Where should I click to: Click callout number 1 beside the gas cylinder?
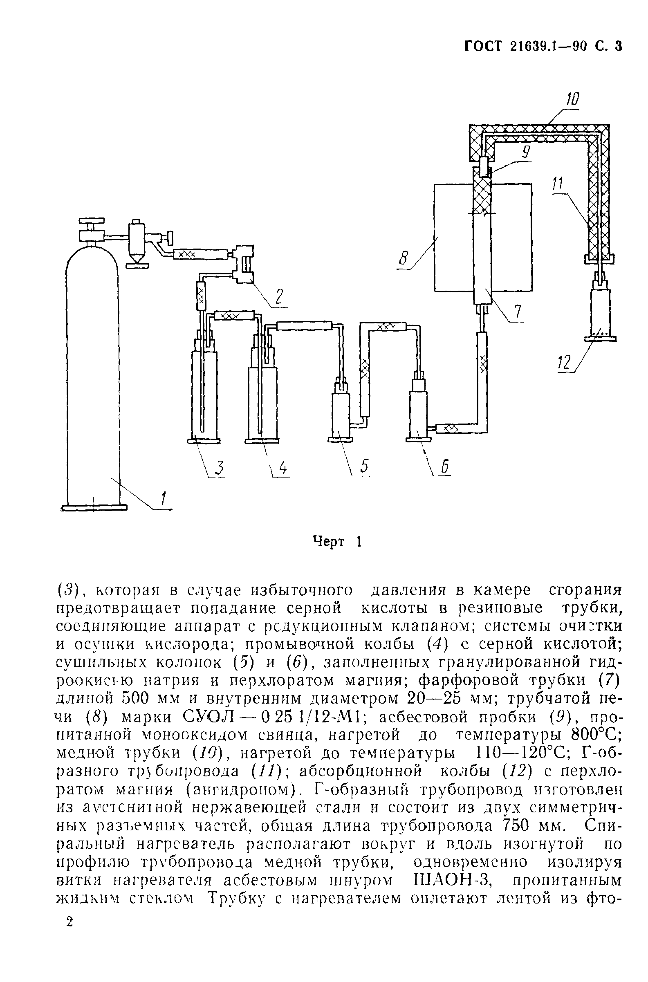point(164,499)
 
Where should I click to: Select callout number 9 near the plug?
point(525,153)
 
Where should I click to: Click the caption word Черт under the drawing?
point(329,541)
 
